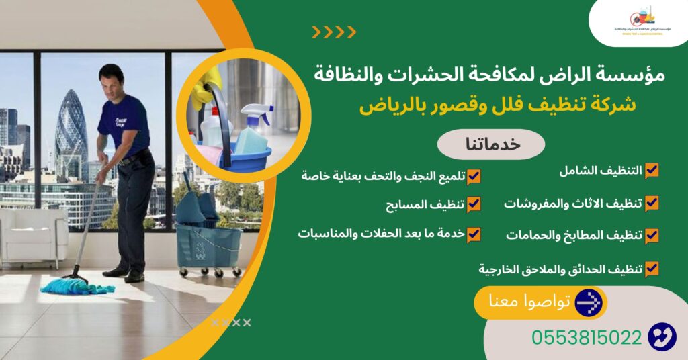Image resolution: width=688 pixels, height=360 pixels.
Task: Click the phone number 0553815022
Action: pyautogui.click(x=587, y=337)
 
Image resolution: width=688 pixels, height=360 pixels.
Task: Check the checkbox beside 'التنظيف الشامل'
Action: pyautogui.click(x=651, y=171)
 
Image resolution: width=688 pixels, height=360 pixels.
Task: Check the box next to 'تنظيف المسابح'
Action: pyautogui.click(x=474, y=204)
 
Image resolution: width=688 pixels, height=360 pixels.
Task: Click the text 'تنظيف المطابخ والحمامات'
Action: pyautogui.click(x=573, y=236)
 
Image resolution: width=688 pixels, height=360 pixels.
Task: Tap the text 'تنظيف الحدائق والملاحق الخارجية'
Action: pyautogui.click(x=560, y=269)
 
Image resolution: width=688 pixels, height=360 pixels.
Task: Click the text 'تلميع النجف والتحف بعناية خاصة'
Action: pyautogui.click(x=383, y=176)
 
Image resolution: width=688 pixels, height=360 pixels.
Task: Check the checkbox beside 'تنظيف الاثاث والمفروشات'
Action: pyautogui.click(x=651, y=203)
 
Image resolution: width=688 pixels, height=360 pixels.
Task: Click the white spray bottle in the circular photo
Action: pyautogui.click(x=255, y=131)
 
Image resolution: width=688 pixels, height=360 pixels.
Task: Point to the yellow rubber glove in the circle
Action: pyautogui.click(x=202, y=91)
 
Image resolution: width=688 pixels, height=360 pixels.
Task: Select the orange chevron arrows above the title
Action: pyautogui.click(x=334, y=32)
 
